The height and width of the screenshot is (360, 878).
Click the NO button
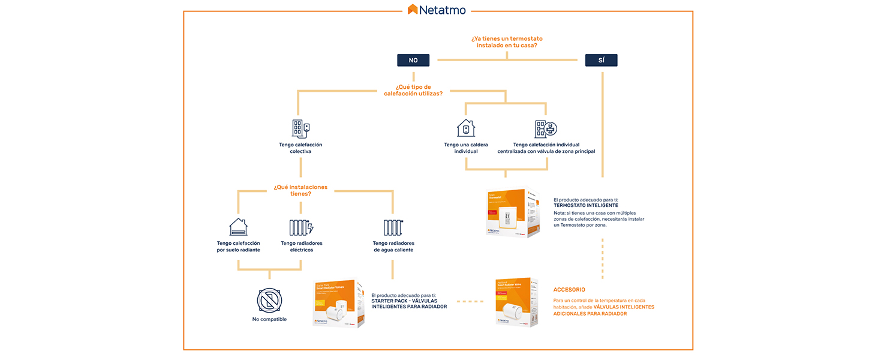(413, 60)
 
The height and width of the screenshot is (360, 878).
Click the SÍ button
(601, 60)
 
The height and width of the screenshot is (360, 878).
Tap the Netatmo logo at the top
(437, 10)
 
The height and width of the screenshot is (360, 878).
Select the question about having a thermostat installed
(507, 42)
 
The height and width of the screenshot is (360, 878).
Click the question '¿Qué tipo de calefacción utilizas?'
(413, 90)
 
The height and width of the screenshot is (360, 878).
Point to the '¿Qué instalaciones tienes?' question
(300, 190)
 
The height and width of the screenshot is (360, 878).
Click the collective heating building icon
(300, 128)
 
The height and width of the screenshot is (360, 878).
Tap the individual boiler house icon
(466, 128)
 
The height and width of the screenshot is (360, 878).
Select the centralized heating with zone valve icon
(546, 128)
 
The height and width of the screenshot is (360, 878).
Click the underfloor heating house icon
(238, 227)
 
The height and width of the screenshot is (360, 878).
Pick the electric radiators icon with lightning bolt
(301, 227)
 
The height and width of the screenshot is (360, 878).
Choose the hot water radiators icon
(393, 227)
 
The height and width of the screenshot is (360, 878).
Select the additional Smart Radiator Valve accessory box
(516, 302)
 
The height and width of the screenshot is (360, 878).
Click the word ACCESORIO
(569, 290)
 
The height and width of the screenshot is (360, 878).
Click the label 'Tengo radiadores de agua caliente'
(393, 247)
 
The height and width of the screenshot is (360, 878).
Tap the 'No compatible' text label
(269, 319)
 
